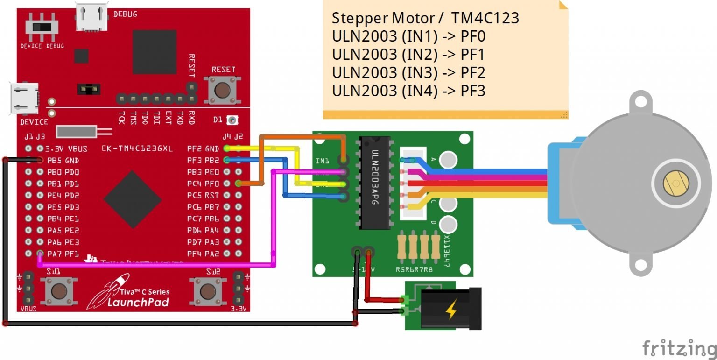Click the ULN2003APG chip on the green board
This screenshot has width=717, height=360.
(374, 183)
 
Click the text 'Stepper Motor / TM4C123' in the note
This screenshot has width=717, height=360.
(425, 18)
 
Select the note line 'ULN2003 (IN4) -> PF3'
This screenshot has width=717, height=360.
(408, 91)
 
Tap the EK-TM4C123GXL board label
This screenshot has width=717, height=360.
(137, 149)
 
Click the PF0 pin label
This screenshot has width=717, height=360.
(212, 184)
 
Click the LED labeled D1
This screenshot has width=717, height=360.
(232, 120)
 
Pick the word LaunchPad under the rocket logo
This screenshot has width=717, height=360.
(132, 302)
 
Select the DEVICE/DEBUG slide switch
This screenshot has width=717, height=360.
(42, 26)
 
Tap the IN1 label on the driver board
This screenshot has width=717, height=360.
(322, 161)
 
